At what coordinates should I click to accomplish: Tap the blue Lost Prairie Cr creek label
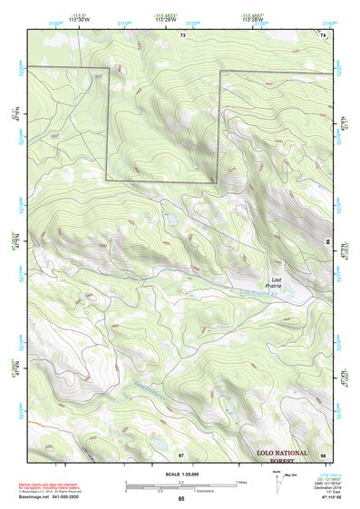pos(261,292)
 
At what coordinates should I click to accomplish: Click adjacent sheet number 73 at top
pos(182,34)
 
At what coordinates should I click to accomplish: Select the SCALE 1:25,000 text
pos(181,475)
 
